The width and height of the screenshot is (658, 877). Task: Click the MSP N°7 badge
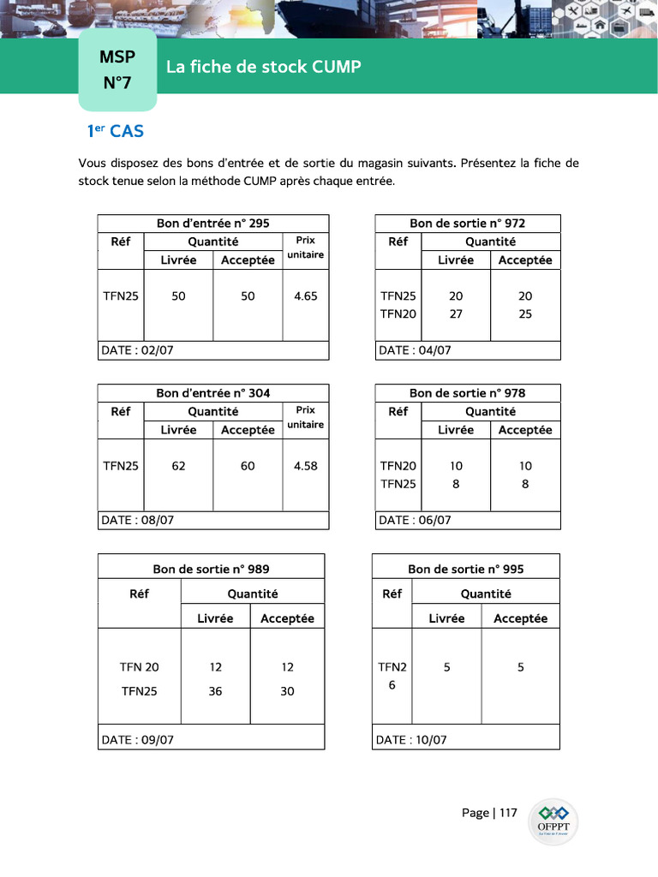click(x=117, y=70)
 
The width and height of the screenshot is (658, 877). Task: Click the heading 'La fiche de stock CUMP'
click(x=263, y=67)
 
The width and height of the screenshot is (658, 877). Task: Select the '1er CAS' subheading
click(x=115, y=131)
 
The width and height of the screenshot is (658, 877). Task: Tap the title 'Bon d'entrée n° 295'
click(x=212, y=224)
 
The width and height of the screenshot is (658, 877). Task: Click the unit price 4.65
click(x=305, y=296)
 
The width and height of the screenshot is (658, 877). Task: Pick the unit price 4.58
click(x=305, y=466)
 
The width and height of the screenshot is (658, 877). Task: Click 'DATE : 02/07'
click(x=137, y=350)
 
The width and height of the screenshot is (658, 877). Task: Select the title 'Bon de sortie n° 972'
click(x=467, y=224)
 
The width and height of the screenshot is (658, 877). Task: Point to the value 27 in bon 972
click(x=456, y=314)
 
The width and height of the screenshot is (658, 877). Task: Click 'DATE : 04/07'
click(x=415, y=350)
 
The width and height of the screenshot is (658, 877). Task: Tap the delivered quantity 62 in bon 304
click(x=178, y=466)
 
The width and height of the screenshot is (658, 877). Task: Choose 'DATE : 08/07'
click(x=137, y=520)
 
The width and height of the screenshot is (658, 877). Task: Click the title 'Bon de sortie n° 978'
click(x=467, y=393)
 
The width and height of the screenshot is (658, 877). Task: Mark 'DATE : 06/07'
click(x=415, y=520)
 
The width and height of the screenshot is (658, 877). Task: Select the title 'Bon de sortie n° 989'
click(x=211, y=570)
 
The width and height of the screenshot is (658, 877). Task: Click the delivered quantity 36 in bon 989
click(x=215, y=691)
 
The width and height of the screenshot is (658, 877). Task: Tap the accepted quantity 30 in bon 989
click(x=287, y=691)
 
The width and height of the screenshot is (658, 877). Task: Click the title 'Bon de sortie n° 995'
click(x=465, y=570)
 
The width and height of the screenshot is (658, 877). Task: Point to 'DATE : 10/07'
click(x=411, y=740)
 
